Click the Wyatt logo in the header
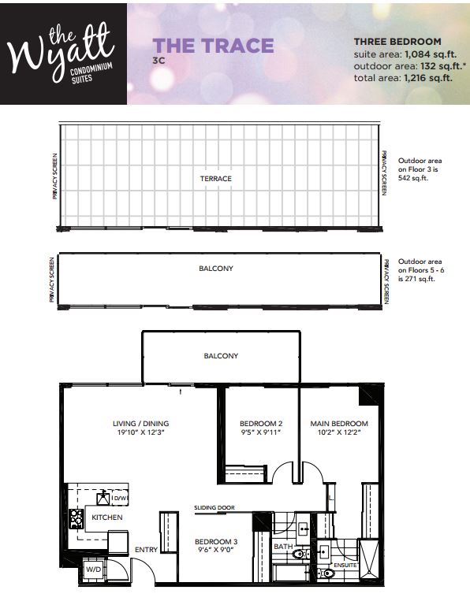point(63,53)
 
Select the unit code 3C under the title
point(158,60)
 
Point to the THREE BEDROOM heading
point(397,41)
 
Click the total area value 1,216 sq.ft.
point(428,79)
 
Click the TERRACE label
point(216,179)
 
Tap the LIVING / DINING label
point(140,424)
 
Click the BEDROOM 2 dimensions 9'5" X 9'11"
point(260,432)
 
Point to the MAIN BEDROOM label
point(339,424)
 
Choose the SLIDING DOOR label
point(214,508)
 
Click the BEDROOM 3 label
point(216,542)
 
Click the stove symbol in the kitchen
point(77,518)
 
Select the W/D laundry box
point(93,568)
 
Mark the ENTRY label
point(145,549)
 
